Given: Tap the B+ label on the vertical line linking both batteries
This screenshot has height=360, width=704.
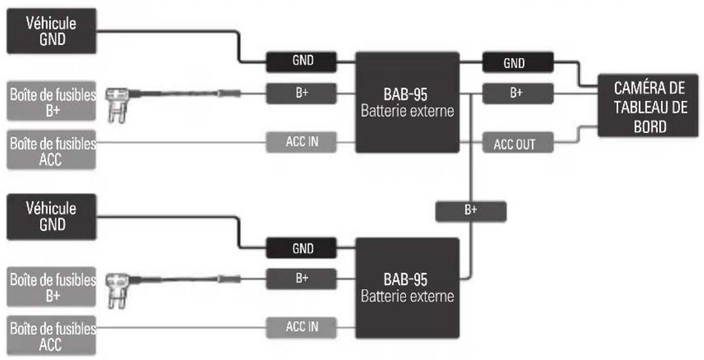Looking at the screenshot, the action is (471, 211).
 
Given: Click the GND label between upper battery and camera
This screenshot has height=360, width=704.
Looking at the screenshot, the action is (518, 62).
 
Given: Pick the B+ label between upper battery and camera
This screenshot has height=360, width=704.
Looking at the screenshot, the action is (518, 93).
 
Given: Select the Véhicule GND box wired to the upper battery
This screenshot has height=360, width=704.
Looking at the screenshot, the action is (51, 31).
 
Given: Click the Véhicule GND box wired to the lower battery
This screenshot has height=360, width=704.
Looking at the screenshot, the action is (51, 216).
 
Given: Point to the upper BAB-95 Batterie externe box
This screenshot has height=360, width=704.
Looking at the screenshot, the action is (407, 102).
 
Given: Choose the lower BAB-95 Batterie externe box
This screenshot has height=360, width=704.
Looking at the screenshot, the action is (407, 288).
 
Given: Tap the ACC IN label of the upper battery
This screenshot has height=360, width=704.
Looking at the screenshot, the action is (301, 142).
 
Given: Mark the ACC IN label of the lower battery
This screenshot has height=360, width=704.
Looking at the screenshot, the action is (301, 327).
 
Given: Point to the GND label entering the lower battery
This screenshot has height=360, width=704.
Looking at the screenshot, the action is (301, 248).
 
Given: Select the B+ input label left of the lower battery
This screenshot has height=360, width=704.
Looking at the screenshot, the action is (301, 279).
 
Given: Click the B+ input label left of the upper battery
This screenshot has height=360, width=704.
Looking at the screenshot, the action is (301, 93).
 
